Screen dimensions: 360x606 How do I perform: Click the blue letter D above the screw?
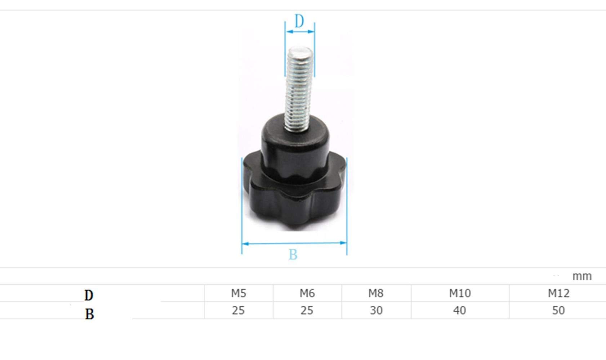click(299, 21)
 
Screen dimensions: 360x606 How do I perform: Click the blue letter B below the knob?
click(293, 255)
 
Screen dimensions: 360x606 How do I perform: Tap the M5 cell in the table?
click(239, 293)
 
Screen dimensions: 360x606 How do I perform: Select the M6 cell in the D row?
click(307, 293)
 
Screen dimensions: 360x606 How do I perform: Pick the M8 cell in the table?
click(376, 293)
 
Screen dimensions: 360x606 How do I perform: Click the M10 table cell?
click(460, 293)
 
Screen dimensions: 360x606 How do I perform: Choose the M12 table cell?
click(558, 293)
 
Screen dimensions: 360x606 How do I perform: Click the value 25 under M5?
click(238, 310)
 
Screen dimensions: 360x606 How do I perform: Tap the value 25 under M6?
click(307, 310)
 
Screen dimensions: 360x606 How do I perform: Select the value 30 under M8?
click(376, 310)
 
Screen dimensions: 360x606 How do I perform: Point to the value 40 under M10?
click(459, 310)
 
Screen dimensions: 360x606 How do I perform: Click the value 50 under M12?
click(558, 310)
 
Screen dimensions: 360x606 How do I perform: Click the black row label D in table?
click(89, 296)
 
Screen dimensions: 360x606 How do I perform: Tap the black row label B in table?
click(89, 314)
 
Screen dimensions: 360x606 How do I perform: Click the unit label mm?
click(582, 276)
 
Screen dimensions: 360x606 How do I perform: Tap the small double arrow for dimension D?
click(300, 32)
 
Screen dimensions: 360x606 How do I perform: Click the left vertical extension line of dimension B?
click(242, 205)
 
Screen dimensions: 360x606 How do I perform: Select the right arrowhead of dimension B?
click(343, 243)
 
